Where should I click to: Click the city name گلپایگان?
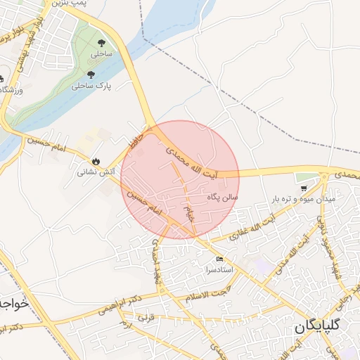click(x=323, y=327)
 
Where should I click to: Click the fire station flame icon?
click(x=96, y=160)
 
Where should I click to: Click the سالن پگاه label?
click(x=223, y=198)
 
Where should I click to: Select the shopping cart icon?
click(x=303, y=188)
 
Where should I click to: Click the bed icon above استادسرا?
click(x=220, y=259)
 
